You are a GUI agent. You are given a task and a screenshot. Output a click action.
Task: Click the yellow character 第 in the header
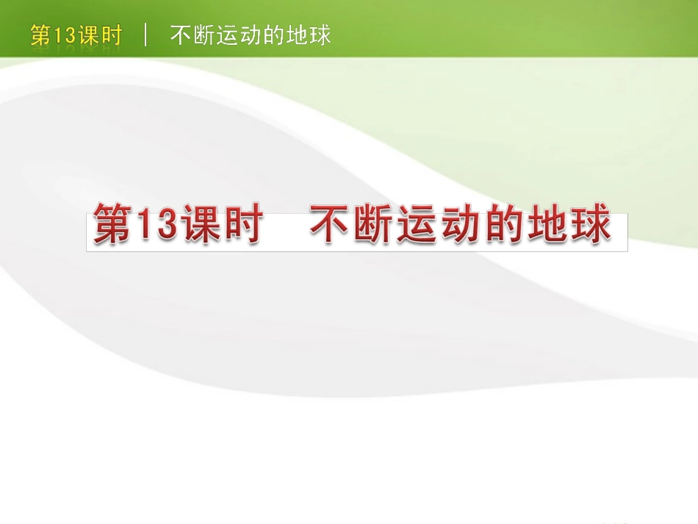click(x=40, y=35)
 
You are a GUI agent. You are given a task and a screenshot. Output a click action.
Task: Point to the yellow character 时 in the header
click(x=110, y=35)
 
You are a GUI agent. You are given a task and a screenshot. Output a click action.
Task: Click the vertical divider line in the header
click(x=146, y=35)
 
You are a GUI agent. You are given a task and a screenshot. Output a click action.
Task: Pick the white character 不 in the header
click(x=181, y=35)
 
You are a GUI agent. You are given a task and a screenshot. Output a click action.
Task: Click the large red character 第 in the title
click(x=112, y=226)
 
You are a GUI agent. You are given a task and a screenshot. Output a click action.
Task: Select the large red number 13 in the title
click(x=156, y=226)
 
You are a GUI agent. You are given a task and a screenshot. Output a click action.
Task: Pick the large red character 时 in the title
click(x=242, y=226)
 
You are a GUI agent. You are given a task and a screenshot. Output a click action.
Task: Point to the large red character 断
click(x=374, y=226)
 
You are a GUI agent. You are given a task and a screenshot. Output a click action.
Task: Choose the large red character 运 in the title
click(x=418, y=226)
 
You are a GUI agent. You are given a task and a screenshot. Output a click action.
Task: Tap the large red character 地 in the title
click(x=548, y=226)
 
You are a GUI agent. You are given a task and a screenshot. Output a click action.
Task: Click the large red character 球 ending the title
click(x=591, y=226)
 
